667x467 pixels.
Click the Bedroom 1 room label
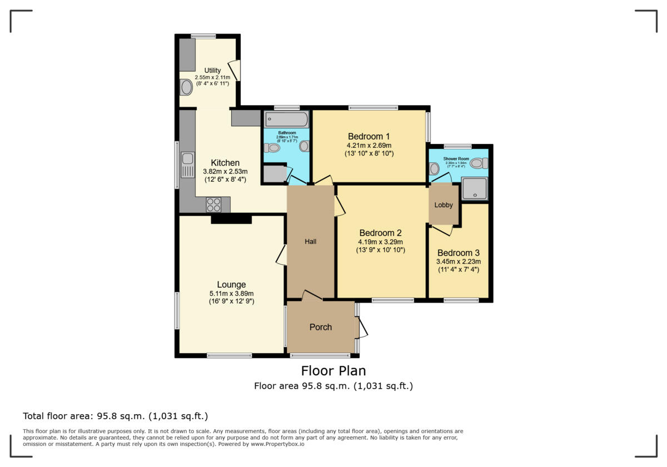tap(369, 136)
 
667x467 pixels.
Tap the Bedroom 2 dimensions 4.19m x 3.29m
tap(380, 242)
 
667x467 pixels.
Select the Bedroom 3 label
tap(458, 252)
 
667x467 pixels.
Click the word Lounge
tap(231, 285)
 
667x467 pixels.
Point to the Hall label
tap(310, 242)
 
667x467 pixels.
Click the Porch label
tap(320, 327)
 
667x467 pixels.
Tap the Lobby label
tap(444, 205)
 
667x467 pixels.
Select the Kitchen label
tap(225, 163)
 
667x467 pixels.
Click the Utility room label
tap(212, 70)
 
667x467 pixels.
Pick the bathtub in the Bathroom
tap(286, 119)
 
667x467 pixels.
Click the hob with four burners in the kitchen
tap(213, 205)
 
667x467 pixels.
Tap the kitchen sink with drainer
tap(187, 165)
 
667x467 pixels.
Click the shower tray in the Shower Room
tap(475, 188)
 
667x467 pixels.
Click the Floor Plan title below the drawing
tap(333, 371)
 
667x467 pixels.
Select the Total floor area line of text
tap(115, 416)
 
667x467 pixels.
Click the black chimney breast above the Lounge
tap(231, 219)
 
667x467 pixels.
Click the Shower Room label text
tap(456, 159)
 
